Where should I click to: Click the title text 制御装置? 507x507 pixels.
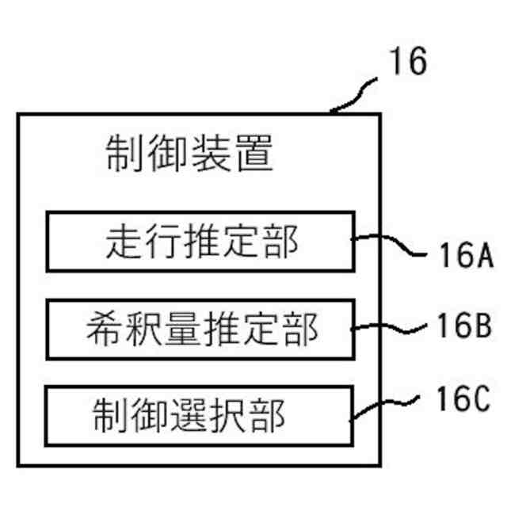pyautogui.click(x=190, y=154)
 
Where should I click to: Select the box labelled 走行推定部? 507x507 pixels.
pyautogui.click(x=200, y=241)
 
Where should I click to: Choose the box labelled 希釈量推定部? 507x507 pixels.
pyautogui.click(x=200, y=328)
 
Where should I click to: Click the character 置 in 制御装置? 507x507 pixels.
pyautogui.click(x=254, y=154)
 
